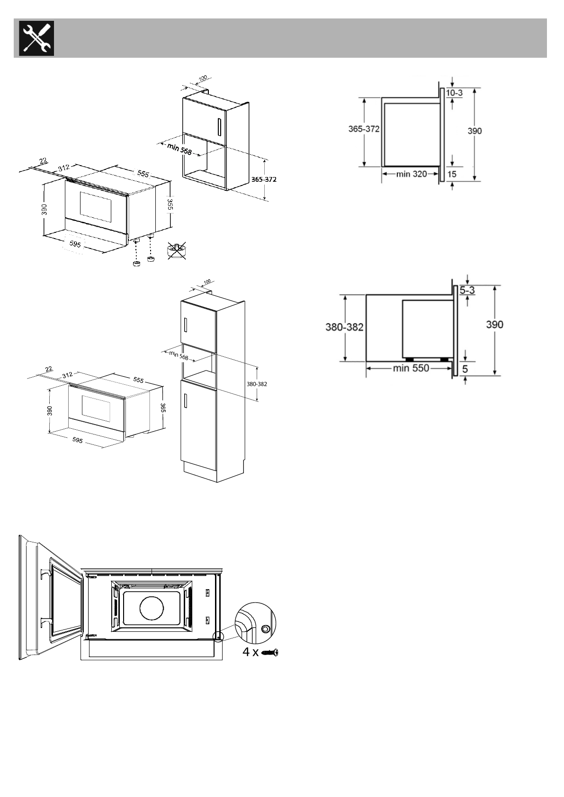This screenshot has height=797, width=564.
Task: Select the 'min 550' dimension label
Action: [x=411, y=368]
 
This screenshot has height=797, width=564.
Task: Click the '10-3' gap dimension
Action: [x=454, y=93]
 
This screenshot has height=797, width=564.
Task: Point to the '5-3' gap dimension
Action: [x=467, y=291]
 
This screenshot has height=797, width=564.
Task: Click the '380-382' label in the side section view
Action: [x=344, y=327]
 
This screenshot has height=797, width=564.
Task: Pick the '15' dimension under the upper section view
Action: [x=452, y=174]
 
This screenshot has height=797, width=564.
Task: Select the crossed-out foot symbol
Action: [x=176, y=250]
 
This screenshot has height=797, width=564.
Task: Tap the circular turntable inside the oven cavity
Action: [x=152, y=607]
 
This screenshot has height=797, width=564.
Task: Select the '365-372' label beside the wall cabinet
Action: [x=264, y=180]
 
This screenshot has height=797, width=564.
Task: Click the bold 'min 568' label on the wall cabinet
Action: [x=179, y=149]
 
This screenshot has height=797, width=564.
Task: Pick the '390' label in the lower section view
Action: [x=494, y=325]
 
